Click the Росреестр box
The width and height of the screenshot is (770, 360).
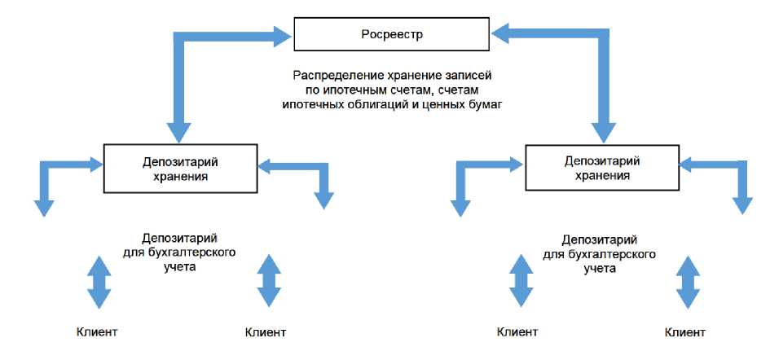click(x=393, y=35)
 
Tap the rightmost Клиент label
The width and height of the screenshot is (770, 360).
click(x=685, y=331)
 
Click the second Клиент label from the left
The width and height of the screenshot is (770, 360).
click(x=266, y=331)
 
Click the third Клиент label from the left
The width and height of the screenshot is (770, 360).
click(x=517, y=331)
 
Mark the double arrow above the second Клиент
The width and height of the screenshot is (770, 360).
click(x=268, y=282)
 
